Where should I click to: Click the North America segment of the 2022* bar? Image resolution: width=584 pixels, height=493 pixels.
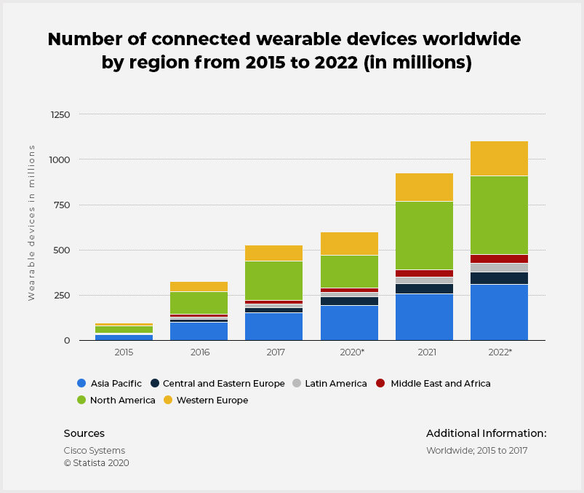[499, 215]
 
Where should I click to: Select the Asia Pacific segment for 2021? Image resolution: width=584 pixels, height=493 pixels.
[424, 317]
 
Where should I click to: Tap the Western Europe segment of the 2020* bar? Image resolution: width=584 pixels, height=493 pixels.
[349, 243]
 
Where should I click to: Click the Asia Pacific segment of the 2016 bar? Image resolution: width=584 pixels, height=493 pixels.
[199, 331]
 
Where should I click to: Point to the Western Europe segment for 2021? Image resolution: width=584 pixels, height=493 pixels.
[424, 187]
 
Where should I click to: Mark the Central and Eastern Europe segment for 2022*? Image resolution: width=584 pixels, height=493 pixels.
[499, 278]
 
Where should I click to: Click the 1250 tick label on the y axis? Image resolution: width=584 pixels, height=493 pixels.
[60, 114]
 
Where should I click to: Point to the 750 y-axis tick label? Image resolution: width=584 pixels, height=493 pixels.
[63, 205]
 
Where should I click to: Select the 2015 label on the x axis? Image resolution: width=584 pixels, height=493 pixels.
[124, 352]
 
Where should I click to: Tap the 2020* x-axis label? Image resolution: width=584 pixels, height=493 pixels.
[349, 352]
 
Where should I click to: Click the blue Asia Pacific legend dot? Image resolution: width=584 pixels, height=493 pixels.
[81, 383]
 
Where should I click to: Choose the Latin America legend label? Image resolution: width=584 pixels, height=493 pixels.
[335, 384]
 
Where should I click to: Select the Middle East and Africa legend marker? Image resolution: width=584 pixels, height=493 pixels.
[380, 383]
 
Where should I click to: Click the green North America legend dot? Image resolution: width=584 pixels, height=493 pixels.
[81, 400]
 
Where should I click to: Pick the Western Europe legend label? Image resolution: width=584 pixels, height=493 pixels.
[212, 401]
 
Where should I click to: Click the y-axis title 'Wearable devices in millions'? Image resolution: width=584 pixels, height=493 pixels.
[32, 222]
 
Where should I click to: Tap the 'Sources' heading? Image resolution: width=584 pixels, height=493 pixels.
[84, 433]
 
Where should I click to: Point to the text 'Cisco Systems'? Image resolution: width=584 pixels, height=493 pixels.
[95, 451]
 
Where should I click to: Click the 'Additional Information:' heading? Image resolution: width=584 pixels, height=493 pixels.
[486, 433]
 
